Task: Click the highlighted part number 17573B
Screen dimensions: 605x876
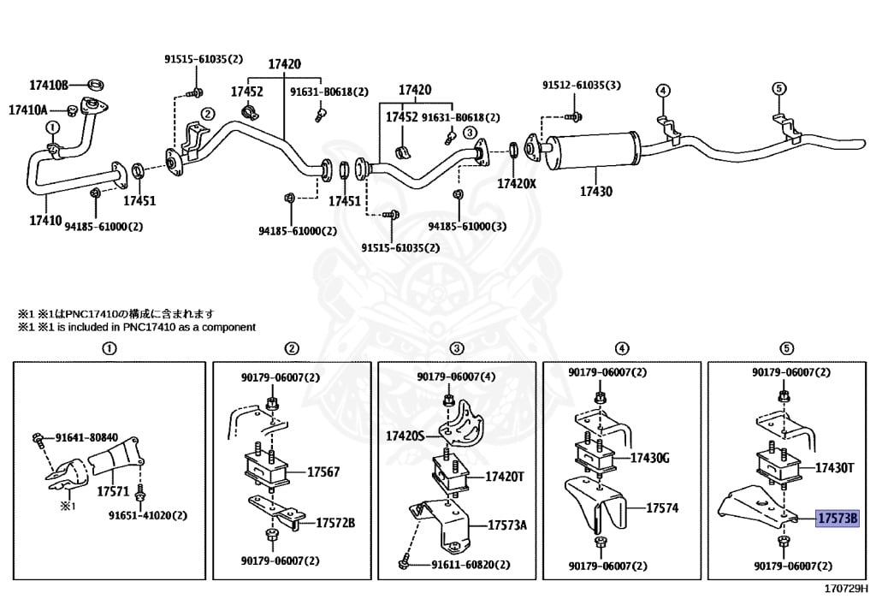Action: (x=837, y=519)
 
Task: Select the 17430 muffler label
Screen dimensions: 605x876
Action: (x=595, y=192)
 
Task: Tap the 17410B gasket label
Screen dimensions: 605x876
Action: (x=48, y=85)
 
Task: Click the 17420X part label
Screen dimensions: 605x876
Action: (x=517, y=183)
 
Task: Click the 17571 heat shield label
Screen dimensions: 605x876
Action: (x=112, y=492)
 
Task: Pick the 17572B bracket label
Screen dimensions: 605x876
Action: (x=335, y=522)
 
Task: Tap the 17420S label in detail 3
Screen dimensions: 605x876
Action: (x=405, y=436)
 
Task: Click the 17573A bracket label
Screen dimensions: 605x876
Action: (x=507, y=525)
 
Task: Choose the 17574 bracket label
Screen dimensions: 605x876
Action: (x=661, y=507)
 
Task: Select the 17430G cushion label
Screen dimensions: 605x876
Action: (x=649, y=459)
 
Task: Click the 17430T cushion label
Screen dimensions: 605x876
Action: (x=834, y=468)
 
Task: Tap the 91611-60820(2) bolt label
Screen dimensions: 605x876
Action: (x=470, y=565)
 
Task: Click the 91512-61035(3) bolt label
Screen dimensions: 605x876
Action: (x=581, y=86)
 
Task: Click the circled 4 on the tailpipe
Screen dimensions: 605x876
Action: (x=662, y=90)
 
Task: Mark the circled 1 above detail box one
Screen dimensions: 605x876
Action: (x=109, y=348)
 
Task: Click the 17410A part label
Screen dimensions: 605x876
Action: (x=28, y=110)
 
